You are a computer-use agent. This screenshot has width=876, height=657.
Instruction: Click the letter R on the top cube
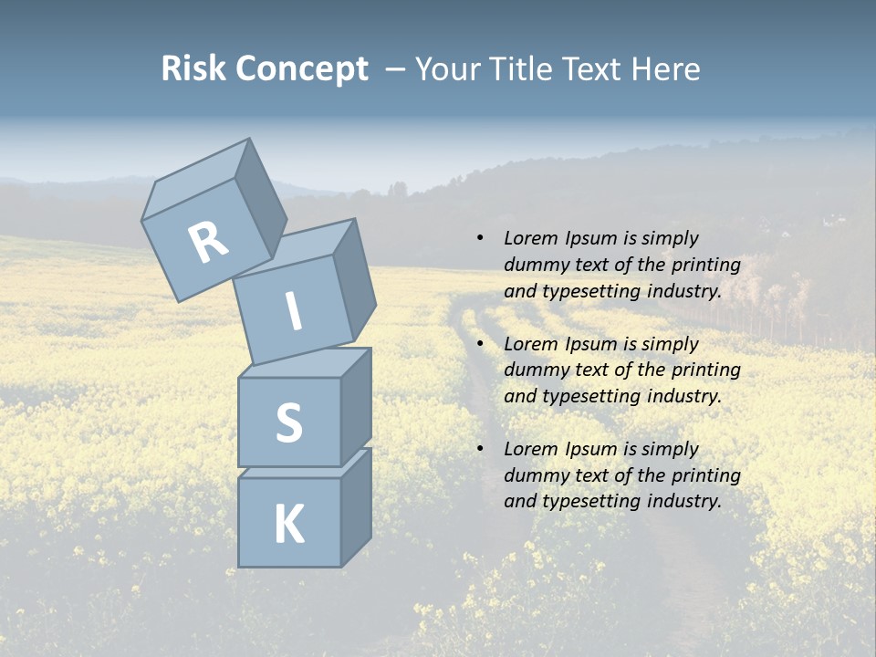pyautogui.click(x=208, y=242)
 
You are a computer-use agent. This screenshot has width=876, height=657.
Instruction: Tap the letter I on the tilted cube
pyautogui.click(x=293, y=312)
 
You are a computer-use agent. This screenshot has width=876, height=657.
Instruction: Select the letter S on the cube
pyautogui.click(x=288, y=423)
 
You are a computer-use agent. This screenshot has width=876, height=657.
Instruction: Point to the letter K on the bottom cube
pyautogui.click(x=288, y=525)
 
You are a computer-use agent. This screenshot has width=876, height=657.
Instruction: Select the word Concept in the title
pyautogui.click(x=300, y=68)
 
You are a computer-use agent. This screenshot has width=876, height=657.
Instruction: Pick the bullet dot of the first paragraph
pyautogui.click(x=479, y=238)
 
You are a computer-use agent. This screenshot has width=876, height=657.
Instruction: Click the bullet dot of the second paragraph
pyautogui.click(x=479, y=344)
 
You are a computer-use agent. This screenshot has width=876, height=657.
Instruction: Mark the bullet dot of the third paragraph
pyautogui.click(x=479, y=449)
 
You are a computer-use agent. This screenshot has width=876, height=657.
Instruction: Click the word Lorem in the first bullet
pyautogui.click(x=529, y=238)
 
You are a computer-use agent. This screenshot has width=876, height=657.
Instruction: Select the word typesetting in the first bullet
pyautogui.click(x=586, y=292)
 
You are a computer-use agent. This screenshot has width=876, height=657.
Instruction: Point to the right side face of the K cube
pyautogui.click(x=356, y=506)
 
